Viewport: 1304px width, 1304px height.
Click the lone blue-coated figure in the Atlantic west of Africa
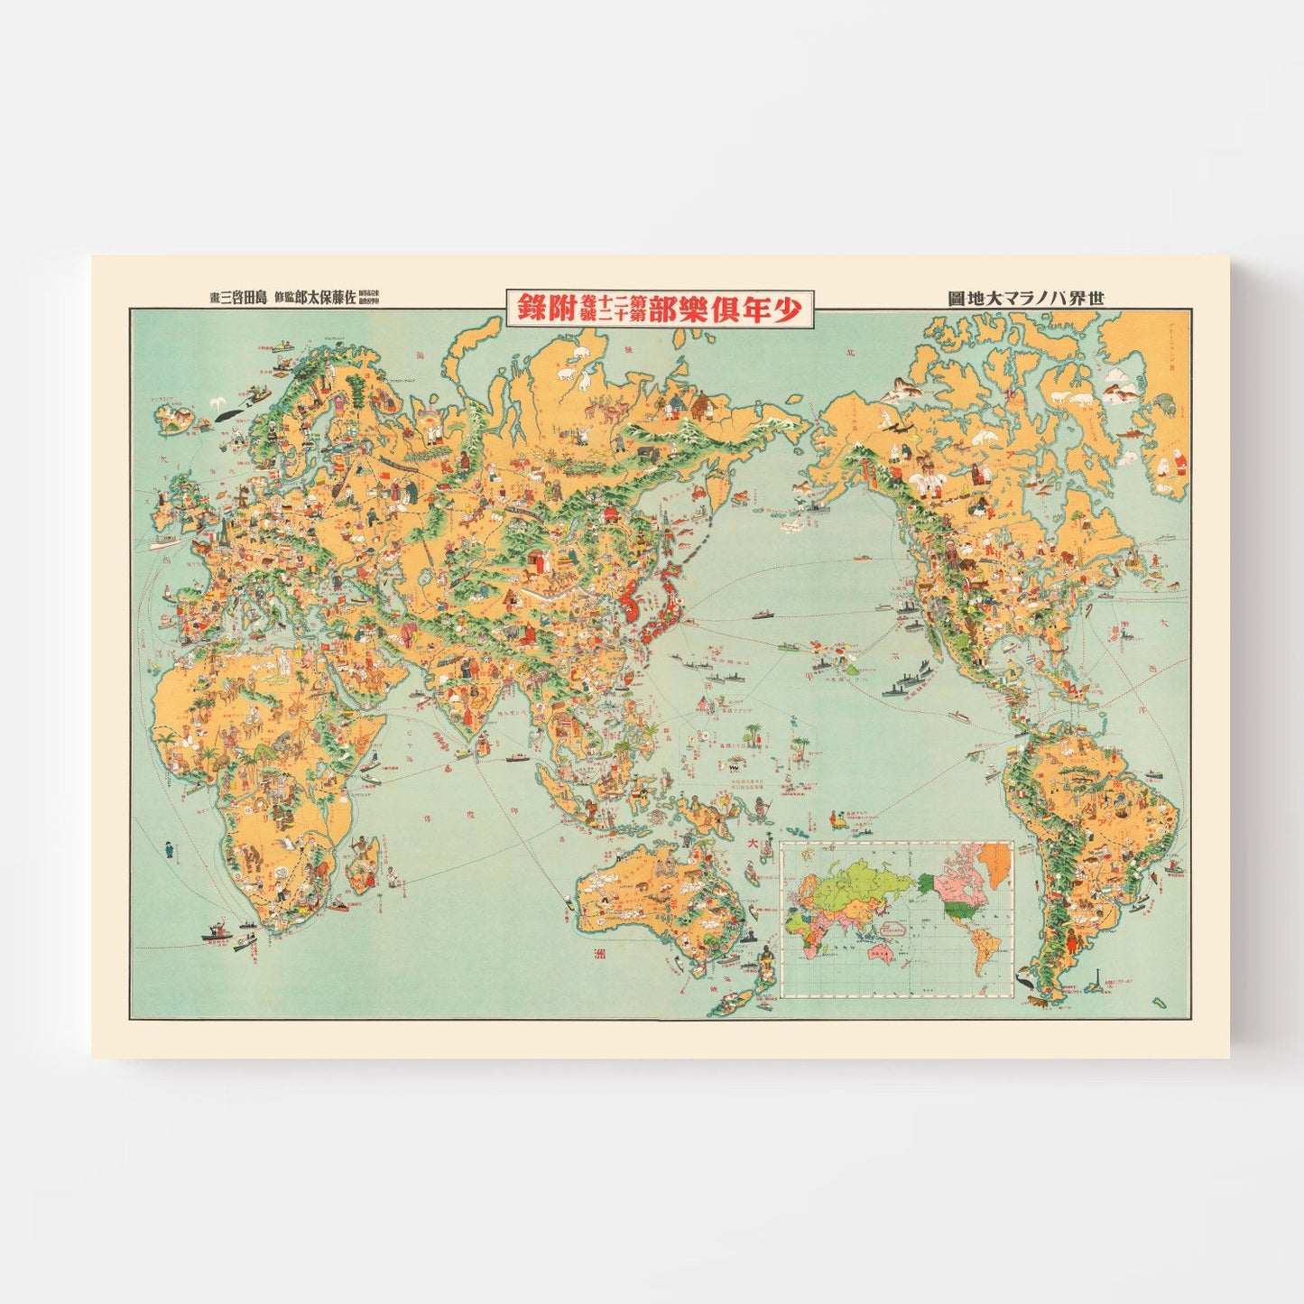click(168, 850)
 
